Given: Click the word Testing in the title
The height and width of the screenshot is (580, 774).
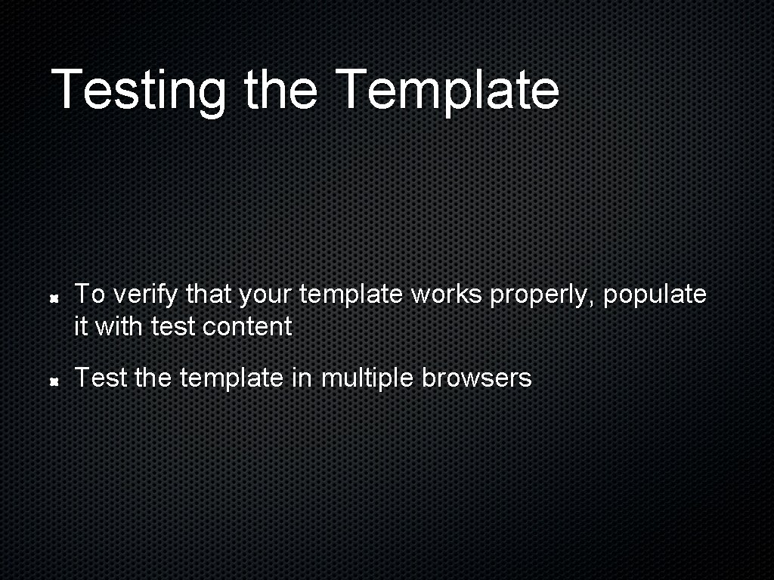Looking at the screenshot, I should click(138, 90).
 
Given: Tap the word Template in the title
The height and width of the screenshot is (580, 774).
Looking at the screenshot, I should click(447, 90).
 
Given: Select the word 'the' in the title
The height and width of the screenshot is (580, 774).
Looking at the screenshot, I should click(280, 90).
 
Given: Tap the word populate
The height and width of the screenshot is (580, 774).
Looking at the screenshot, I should click(655, 295).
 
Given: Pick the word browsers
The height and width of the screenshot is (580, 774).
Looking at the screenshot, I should click(477, 378).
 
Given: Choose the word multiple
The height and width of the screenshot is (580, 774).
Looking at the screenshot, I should click(368, 378).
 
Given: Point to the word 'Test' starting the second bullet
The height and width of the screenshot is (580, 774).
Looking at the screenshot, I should click(101, 378).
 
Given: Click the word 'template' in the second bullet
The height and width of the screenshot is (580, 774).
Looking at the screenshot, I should click(231, 378).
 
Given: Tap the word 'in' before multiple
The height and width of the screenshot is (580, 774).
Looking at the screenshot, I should click(301, 378).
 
